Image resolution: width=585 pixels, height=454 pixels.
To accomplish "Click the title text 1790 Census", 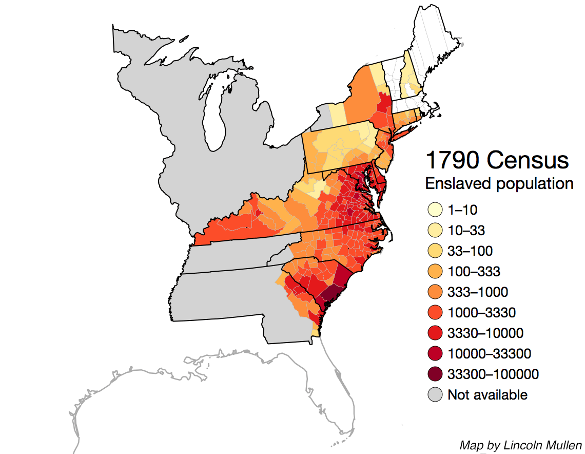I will pyautogui.click(x=497, y=161).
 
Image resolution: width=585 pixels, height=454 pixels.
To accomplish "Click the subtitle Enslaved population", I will pyautogui.click(x=499, y=183).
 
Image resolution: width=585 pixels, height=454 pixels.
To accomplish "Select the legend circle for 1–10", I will pyautogui.click(x=435, y=210).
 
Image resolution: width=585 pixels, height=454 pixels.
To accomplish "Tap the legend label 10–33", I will pyautogui.click(x=466, y=231).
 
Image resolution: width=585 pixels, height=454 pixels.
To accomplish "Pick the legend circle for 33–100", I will pyautogui.click(x=435, y=251).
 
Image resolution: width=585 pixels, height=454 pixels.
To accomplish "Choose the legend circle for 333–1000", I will pyautogui.click(x=435, y=292).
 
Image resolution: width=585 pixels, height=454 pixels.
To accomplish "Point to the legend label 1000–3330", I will pyautogui.click(x=481, y=313).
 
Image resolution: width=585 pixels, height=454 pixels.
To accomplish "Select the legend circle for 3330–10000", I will pyautogui.click(x=435, y=333).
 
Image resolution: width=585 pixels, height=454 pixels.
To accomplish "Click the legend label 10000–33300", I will pyautogui.click(x=489, y=354).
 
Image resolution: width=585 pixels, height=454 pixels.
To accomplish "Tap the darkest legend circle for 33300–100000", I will pyautogui.click(x=435, y=374).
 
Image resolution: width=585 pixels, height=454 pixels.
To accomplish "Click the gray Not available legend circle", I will pyautogui.click(x=435, y=395).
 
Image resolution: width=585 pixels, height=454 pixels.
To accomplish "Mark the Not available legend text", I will pyautogui.click(x=487, y=395).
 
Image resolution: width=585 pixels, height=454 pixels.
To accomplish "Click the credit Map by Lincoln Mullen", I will pyautogui.click(x=520, y=445).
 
